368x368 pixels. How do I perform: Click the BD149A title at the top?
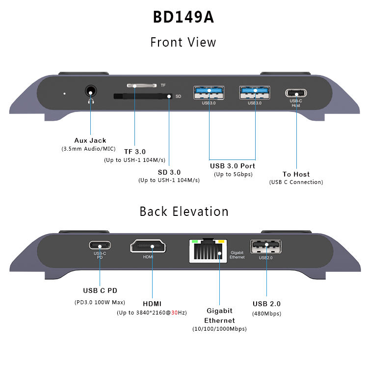point(184,17)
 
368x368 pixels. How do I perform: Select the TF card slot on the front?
point(142,85)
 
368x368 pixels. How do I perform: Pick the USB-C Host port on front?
point(296,93)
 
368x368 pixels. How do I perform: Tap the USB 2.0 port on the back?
point(265,246)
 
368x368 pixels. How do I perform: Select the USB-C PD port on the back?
point(100,245)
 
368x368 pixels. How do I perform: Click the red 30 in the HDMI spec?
point(175,313)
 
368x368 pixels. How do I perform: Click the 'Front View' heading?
point(184,42)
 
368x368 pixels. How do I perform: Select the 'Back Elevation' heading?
point(184,211)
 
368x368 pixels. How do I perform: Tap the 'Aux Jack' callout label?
point(90,140)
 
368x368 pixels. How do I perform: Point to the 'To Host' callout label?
point(296,174)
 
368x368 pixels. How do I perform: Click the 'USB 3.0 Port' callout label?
point(233,166)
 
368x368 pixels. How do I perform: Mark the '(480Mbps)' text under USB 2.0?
point(266,313)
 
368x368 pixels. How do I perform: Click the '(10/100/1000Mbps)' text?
point(219,329)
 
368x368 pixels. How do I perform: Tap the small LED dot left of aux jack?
point(64,93)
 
